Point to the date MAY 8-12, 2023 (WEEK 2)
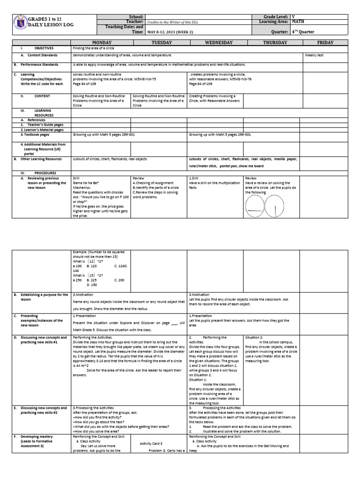click(x=172, y=32)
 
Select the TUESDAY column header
click(x=158, y=43)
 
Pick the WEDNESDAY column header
click(x=215, y=43)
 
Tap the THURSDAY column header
click(x=272, y=43)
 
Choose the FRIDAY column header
click(x=325, y=43)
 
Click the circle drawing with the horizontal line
click(x=255, y=204)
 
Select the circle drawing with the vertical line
click(x=274, y=204)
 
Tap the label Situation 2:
click(x=255, y=337)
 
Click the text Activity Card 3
click(x=151, y=443)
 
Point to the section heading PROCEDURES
click(x=45, y=173)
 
